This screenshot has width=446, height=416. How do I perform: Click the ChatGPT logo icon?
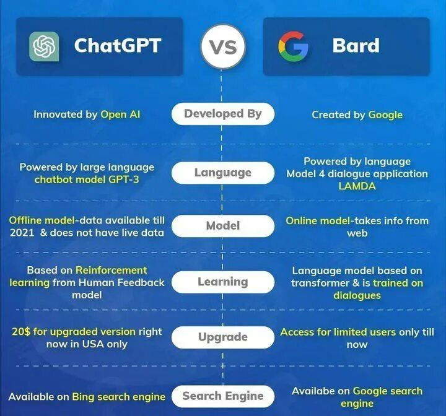tap(44, 46)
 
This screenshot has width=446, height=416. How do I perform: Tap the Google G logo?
tap(293, 46)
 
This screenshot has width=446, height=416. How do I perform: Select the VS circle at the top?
tap(222, 46)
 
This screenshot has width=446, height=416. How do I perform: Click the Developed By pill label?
tap(222, 114)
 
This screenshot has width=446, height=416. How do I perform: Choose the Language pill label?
tap(222, 173)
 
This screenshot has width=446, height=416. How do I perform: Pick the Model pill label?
tap(222, 226)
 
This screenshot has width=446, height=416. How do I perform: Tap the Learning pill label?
tap(222, 282)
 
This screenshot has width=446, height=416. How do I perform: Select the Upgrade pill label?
tap(222, 337)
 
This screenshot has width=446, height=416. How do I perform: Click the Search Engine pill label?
tap(222, 396)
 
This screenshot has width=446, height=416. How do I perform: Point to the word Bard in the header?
tap(356, 46)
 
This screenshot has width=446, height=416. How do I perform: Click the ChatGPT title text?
tap(117, 46)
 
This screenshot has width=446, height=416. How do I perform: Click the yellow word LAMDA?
tap(357, 186)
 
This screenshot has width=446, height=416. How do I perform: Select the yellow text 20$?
tap(20, 332)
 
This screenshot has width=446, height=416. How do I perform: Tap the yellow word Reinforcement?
tap(111, 271)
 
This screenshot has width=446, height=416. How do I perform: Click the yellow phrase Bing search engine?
tap(118, 397)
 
